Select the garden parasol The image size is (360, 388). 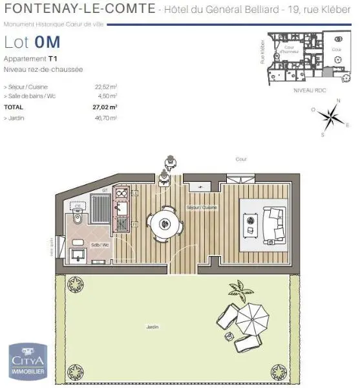coord(253,316)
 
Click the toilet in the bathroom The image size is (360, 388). coord(78,217)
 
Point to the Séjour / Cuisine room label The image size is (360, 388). coord(202,207)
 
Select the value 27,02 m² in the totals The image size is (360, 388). coord(104,107)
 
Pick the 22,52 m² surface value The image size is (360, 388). coord(105,86)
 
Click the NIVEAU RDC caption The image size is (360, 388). coord(308,91)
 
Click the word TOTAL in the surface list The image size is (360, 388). coord(13,107)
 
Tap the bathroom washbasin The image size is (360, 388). coord(78,250)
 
